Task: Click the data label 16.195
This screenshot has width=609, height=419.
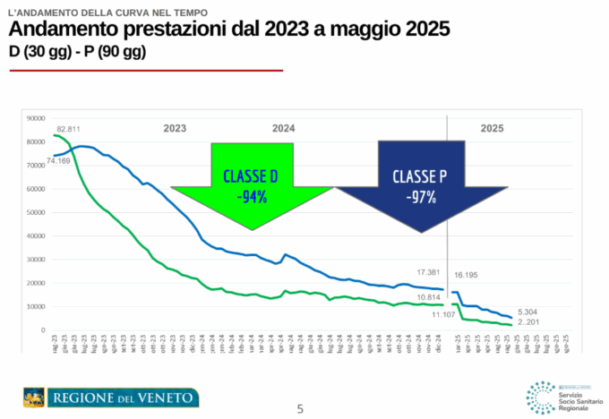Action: [467, 276]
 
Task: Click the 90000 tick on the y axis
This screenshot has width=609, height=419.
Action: [36, 118]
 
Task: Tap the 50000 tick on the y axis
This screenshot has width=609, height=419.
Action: [36, 212]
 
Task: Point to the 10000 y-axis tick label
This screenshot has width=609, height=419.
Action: [36, 307]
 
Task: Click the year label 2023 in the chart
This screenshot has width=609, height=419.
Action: [175, 128]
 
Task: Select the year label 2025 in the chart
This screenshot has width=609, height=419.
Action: [492, 128]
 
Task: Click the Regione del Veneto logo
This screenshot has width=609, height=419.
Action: [111, 397]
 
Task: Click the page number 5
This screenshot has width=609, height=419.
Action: [300, 409]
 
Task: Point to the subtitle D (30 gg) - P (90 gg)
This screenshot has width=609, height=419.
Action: [76, 52]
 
